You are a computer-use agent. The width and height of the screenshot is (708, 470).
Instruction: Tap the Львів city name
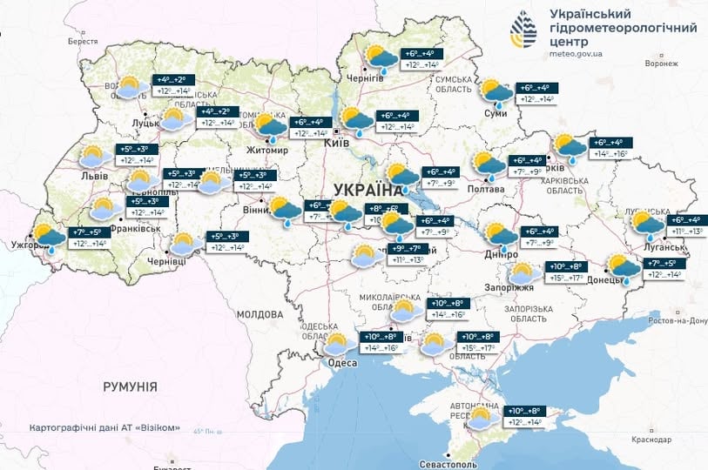tap(95, 176)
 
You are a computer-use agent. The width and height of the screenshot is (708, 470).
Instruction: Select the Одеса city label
tap(341, 363)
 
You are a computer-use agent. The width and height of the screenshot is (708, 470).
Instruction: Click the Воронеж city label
tap(662, 64)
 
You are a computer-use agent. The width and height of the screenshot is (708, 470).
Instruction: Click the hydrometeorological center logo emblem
tap(524, 33)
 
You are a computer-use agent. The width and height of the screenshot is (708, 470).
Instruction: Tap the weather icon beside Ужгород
tap(47, 237)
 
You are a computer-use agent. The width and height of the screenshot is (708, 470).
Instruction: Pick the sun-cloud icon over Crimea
tap(481, 418)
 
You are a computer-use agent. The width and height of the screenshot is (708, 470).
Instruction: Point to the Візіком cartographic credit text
tap(105, 427)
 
